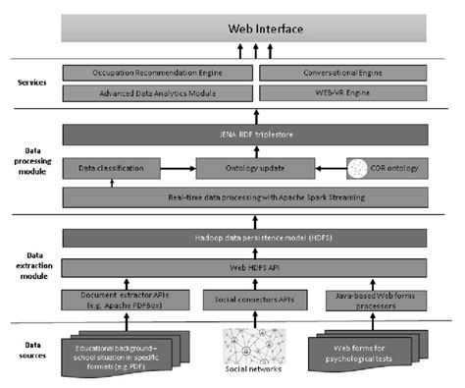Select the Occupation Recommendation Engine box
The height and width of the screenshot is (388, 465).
[157, 73]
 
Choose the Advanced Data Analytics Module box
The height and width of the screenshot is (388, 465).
[157, 92]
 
